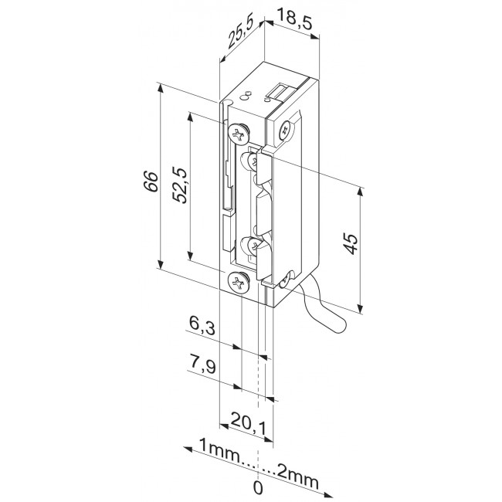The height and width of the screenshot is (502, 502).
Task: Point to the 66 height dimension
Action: coord(151,179)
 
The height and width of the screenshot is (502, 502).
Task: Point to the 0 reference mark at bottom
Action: coord(258,487)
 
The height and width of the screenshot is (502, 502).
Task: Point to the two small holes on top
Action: coord(244,97)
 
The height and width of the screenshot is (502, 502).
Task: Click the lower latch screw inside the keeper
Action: coord(253,245)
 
